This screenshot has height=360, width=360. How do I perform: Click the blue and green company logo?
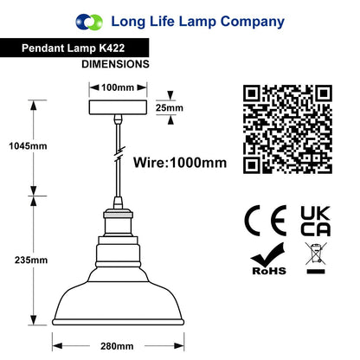[x=89, y=22]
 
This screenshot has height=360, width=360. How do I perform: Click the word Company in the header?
[x=253, y=22]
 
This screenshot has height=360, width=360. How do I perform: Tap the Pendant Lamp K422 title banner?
[x=74, y=48]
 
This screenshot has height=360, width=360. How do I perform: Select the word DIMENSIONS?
[x=115, y=64]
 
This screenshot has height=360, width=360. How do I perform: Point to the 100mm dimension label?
[x=118, y=87]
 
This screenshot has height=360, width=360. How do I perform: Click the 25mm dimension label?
[x=170, y=107]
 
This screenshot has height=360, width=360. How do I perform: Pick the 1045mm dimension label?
[x=28, y=146]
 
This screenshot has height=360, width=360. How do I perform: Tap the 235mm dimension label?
[x=31, y=260]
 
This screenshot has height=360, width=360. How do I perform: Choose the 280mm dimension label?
[x=117, y=346]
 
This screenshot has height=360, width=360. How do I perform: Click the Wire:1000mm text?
[x=180, y=163]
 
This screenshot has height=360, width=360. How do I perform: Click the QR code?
[x=287, y=129]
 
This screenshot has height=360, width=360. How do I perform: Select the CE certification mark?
[x=266, y=221]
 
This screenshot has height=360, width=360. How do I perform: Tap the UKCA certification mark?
[x=316, y=221]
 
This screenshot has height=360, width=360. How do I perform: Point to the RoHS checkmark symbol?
[x=268, y=259]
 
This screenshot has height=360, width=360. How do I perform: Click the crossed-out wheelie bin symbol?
[x=316, y=258]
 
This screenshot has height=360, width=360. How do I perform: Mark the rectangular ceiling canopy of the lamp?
[x=118, y=107]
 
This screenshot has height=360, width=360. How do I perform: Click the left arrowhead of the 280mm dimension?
[x=57, y=346]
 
